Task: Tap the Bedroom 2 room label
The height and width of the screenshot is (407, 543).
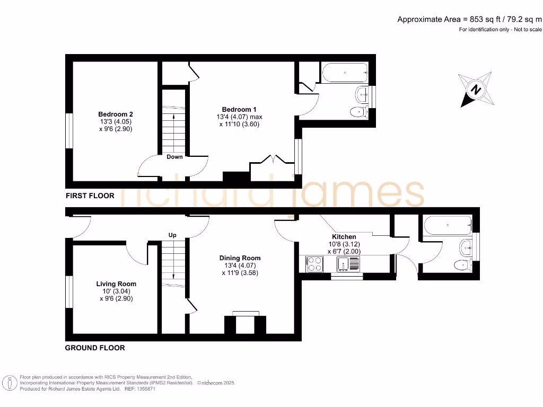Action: pos(115,114)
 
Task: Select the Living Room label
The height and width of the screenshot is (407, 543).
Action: pos(116,284)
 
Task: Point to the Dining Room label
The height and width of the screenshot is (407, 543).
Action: pos(240,258)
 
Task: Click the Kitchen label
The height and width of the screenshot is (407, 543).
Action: pos(344,236)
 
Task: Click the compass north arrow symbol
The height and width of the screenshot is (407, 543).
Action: pos(476,89)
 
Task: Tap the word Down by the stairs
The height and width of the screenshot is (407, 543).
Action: pos(174,157)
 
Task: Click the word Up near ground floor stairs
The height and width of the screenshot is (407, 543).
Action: pos(172,235)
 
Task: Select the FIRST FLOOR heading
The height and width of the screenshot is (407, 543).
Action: pos(90,196)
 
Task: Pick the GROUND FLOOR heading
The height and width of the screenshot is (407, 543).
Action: pos(95,348)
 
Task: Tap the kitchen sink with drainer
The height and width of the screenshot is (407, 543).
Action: pos(348,264)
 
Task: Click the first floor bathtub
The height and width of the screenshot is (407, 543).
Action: pos(344,73)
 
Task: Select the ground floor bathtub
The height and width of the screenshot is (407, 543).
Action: pos(446,225)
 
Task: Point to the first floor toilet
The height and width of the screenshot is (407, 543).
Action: pos(359,111)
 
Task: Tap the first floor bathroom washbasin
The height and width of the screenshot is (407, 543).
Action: pos(363,94)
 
